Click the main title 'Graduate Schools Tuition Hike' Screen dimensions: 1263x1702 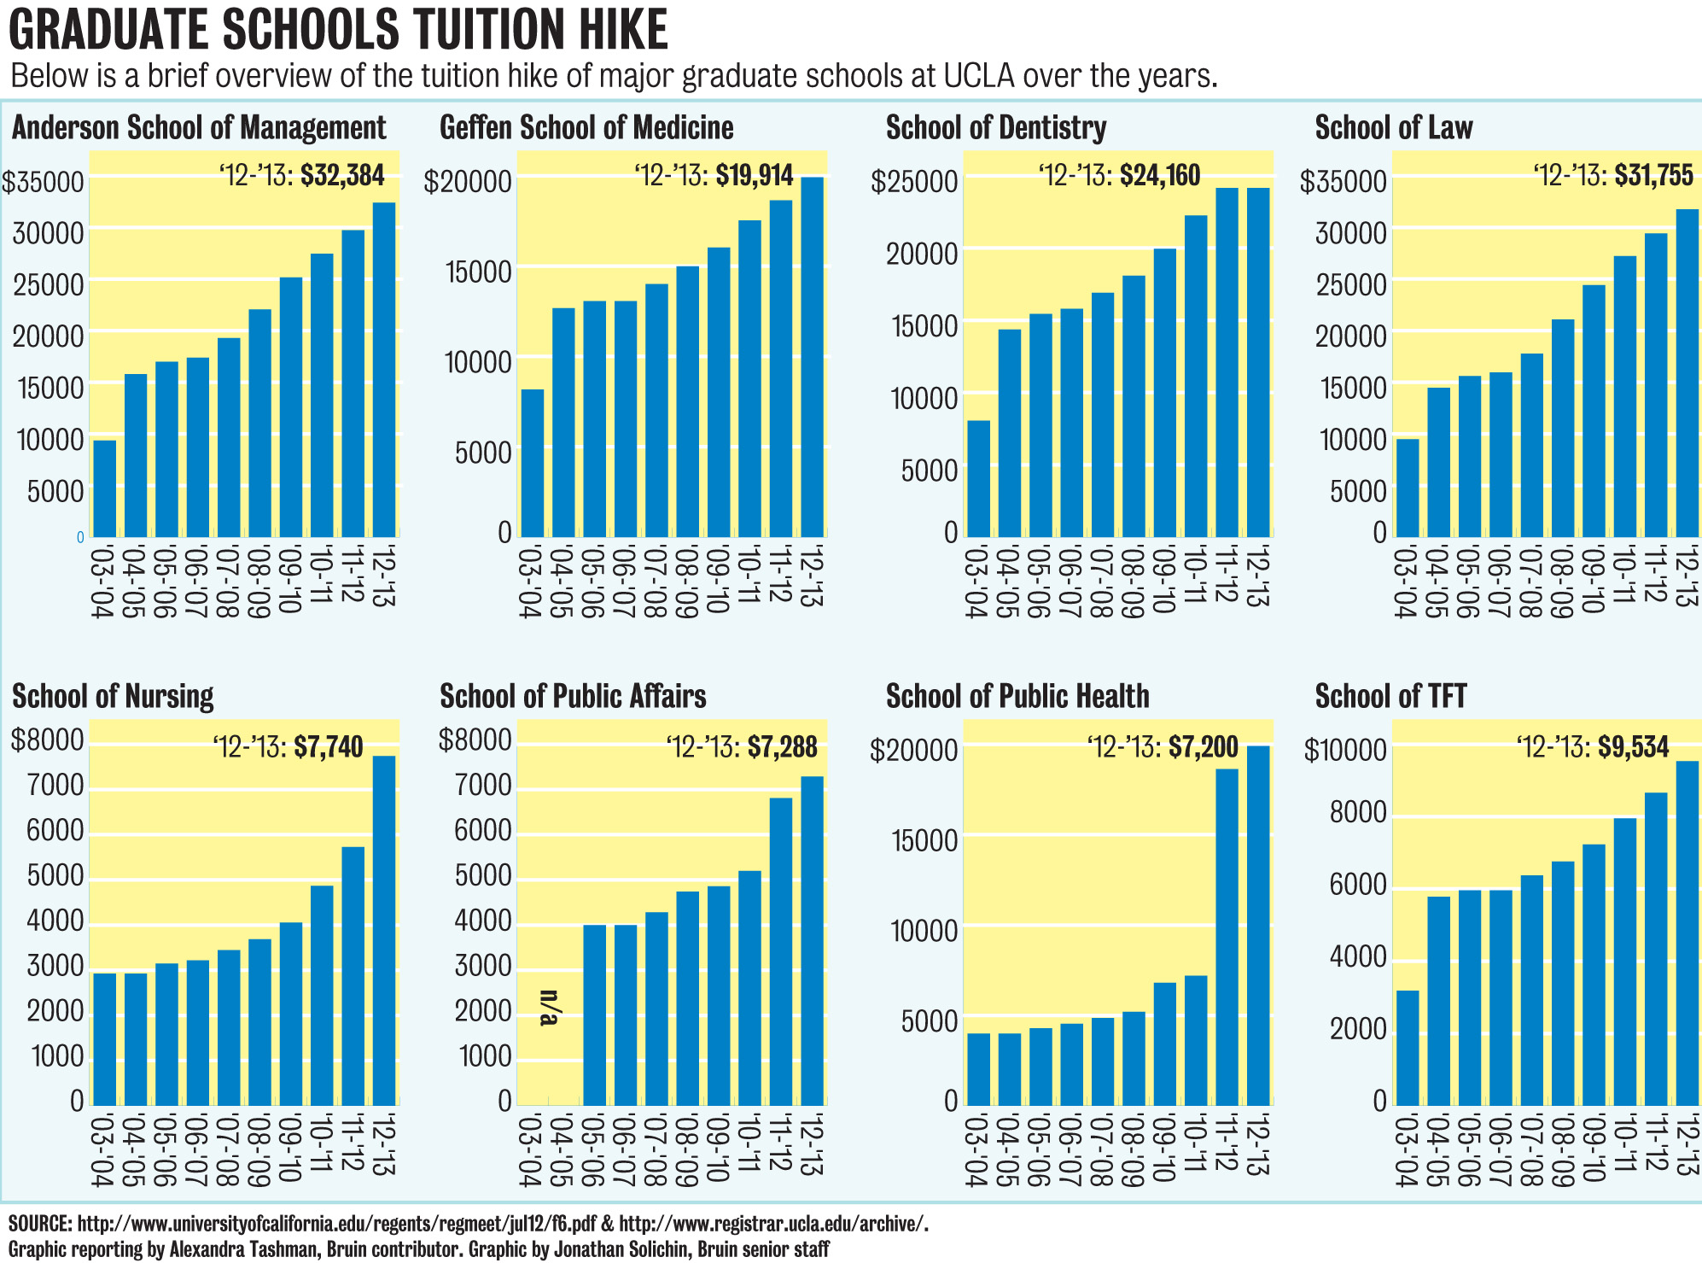pyautogui.click(x=338, y=31)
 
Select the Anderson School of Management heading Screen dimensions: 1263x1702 pyautogui.click(x=199, y=128)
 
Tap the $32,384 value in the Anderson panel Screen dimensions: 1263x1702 pyautogui.click(x=342, y=176)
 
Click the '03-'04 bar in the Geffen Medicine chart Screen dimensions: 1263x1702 pyautogui.click(x=532, y=463)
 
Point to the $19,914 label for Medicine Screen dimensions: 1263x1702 pyautogui.click(x=755, y=176)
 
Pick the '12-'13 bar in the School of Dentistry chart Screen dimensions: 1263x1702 pyautogui.click(x=1258, y=362)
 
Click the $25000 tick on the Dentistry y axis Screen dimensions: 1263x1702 pyautogui.click(x=914, y=182)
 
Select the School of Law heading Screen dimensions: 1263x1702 pyautogui.click(x=1393, y=128)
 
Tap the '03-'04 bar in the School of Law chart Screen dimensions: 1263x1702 pyautogui.click(x=1407, y=488)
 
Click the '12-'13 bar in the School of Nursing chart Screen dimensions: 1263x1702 pyautogui.click(x=384, y=931)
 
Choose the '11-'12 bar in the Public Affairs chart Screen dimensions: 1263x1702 pyautogui.click(x=780, y=951)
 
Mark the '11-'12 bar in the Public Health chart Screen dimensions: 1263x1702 pyautogui.click(x=1227, y=937)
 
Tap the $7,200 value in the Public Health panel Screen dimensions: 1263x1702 pyautogui.click(x=1204, y=747)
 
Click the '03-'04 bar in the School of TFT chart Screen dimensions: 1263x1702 pyautogui.click(x=1407, y=1048)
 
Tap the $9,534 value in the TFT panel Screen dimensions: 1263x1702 pyautogui.click(x=1633, y=747)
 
